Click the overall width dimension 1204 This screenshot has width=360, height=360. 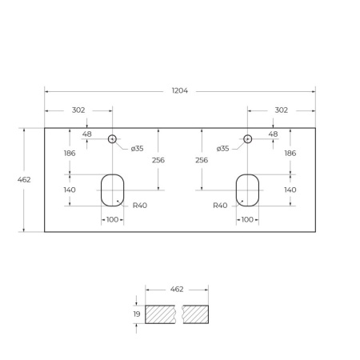tap(180, 91)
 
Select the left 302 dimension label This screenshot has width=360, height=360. tap(78, 110)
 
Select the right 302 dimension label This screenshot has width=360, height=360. tap(281, 110)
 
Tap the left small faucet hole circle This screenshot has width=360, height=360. tap(112, 138)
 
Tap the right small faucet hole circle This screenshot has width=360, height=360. tap(247, 138)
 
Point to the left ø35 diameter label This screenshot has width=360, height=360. tap(138, 148)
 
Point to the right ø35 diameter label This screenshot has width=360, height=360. tap(222, 148)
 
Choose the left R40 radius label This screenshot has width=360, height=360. tap(140, 206)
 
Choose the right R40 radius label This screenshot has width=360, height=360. tap(220, 206)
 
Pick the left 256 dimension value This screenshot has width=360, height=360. tap(158, 160)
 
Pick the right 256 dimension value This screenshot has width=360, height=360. tap(202, 160)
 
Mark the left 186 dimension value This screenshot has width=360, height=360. tap(70, 153)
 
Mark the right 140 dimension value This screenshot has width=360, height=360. tap(290, 190)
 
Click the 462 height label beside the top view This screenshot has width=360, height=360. tap(24, 179)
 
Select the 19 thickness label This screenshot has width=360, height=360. tap(137, 314)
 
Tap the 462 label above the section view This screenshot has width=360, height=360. tap(177, 289)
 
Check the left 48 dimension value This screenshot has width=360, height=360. tap(86, 134)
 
